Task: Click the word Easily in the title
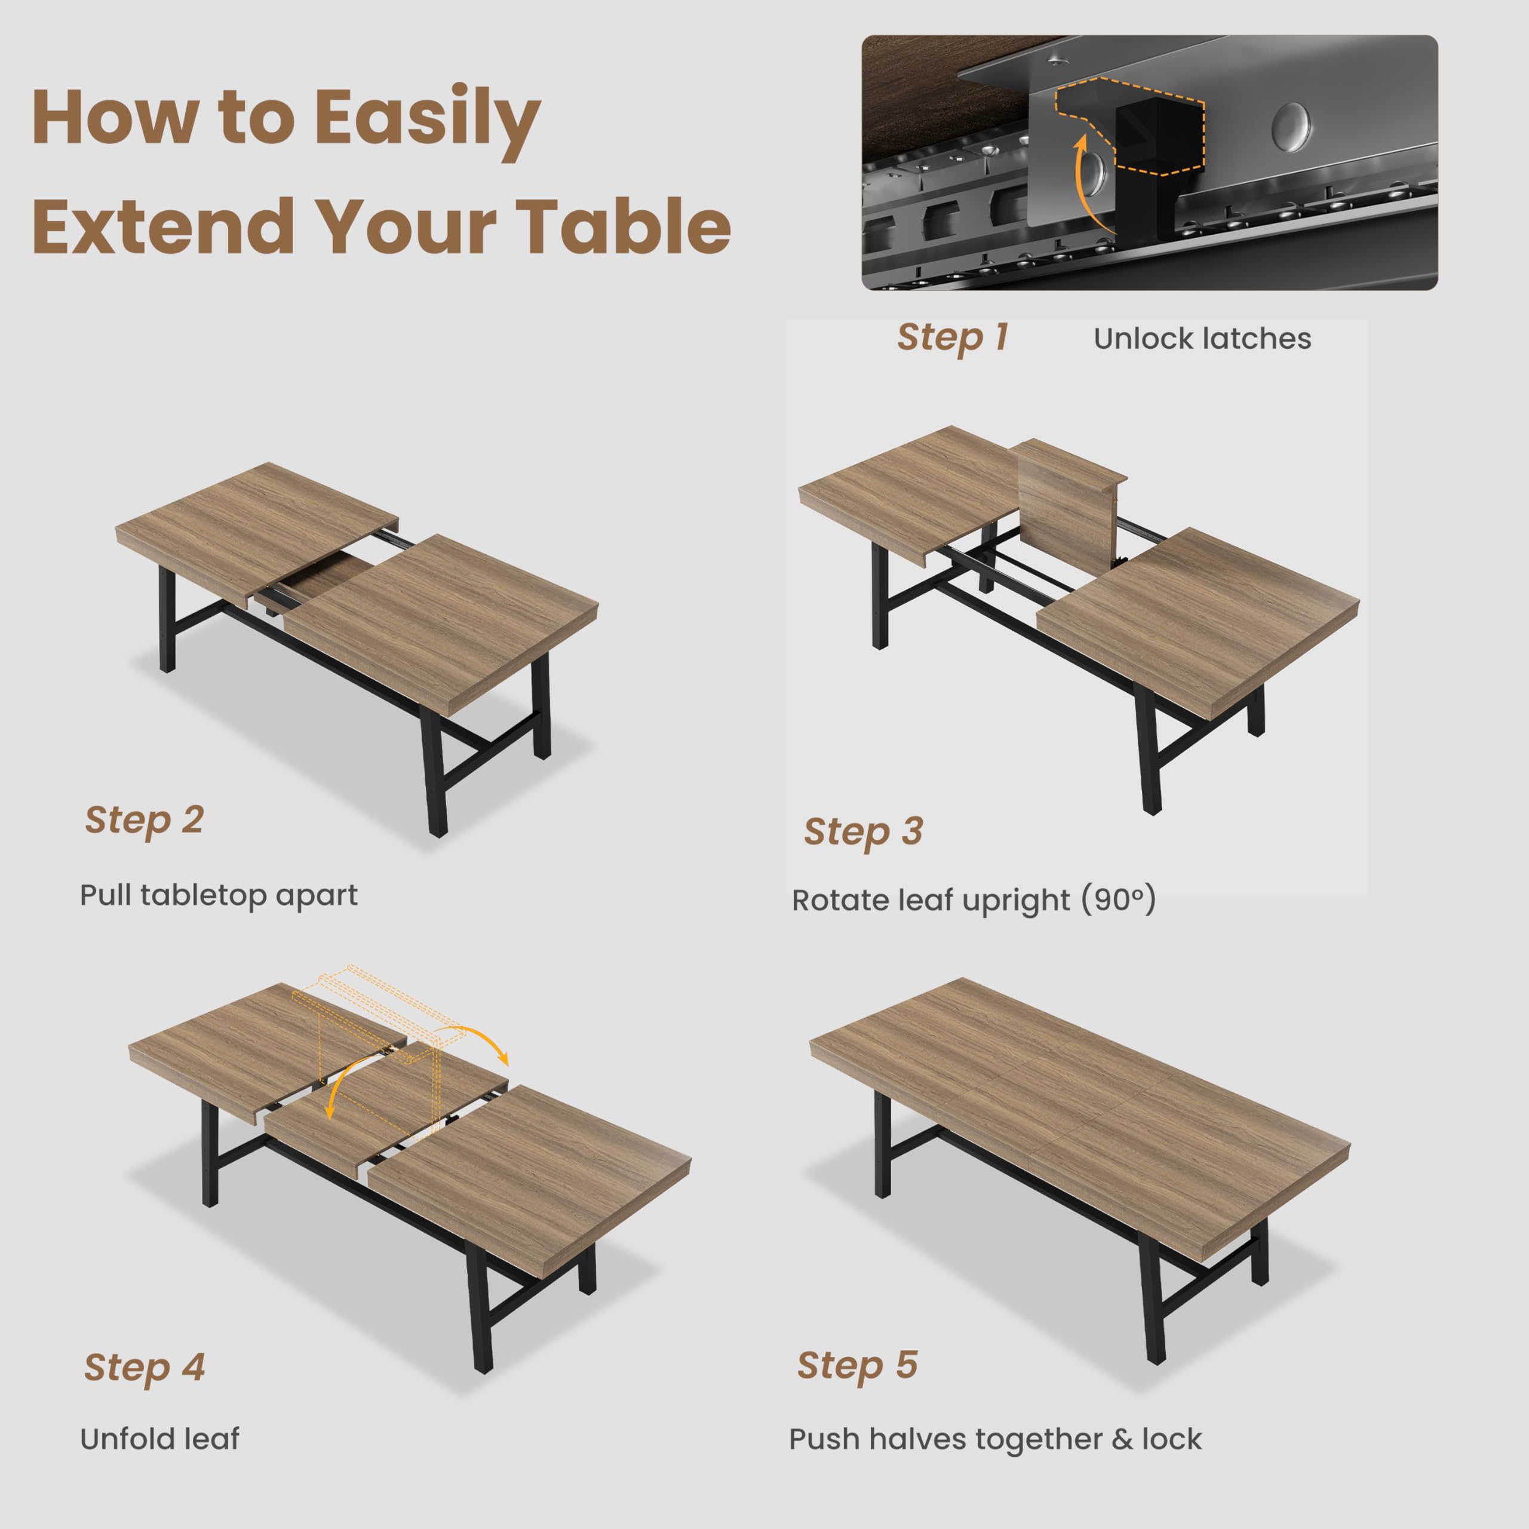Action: [x=428, y=119]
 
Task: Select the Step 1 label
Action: [x=952, y=337]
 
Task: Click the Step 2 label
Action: [x=144, y=819]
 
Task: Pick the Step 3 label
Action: [x=864, y=831]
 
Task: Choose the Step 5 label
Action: [x=857, y=1364]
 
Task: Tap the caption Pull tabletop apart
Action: [x=219, y=895]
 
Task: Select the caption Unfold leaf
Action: [x=159, y=1438]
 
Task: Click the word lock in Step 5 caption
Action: [x=1171, y=1438]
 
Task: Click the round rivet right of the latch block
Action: [x=1291, y=127]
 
